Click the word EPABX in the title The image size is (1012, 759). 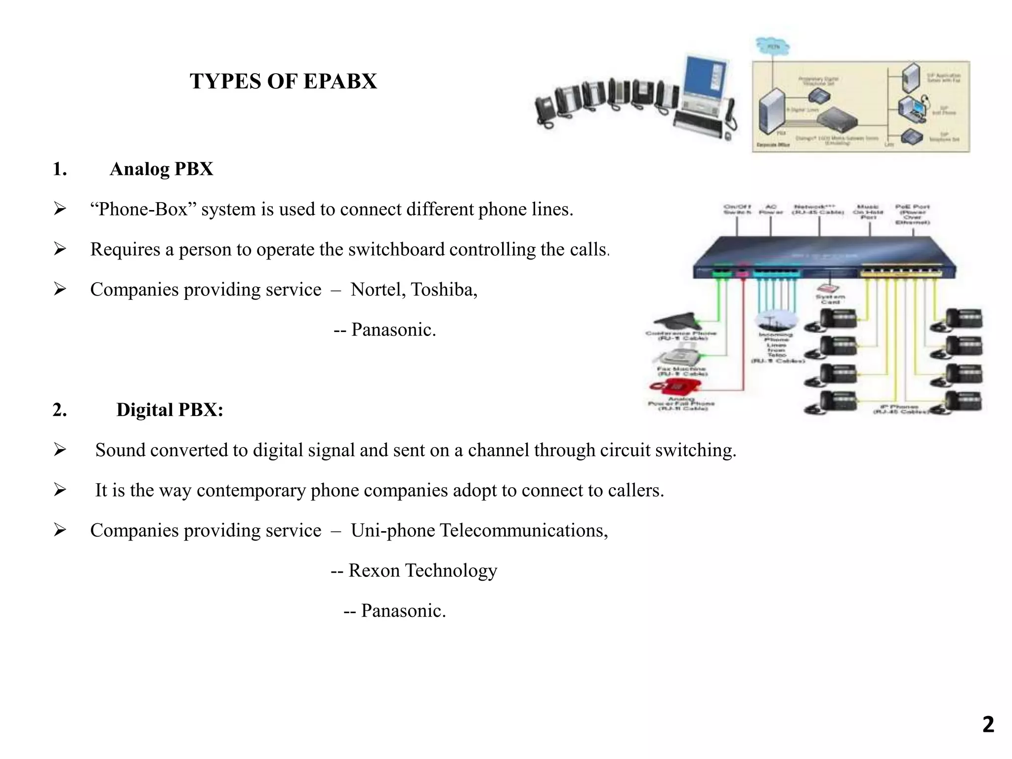tap(340, 82)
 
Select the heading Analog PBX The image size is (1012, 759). tap(161, 169)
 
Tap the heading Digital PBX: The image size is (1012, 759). tap(169, 410)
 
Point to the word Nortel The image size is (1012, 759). tap(378, 290)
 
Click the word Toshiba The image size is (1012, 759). tap(444, 290)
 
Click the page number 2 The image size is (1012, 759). tap(988, 724)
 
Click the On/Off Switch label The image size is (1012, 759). tap(737, 209)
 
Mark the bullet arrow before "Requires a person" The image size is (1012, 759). tap(60, 249)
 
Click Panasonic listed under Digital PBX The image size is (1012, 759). tap(403, 611)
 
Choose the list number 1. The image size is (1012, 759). tap(59, 169)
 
